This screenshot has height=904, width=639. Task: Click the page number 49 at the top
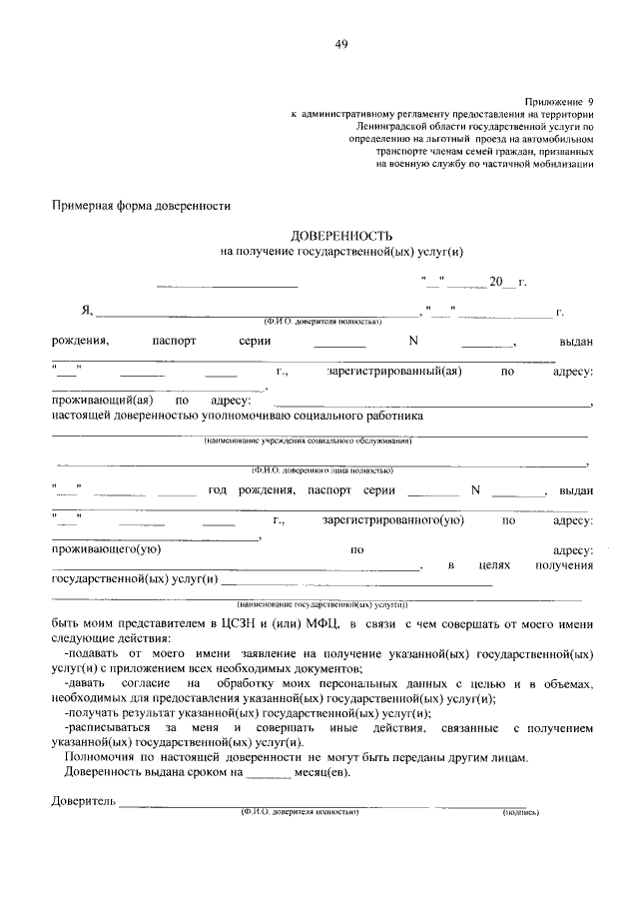tap(341, 44)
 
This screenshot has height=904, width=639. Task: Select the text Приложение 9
tap(559, 103)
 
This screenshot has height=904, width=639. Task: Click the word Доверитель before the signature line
tap(84, 801)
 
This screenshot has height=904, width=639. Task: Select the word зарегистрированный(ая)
tap(393, 372)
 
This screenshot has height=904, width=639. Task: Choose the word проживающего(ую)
tap(107, 549)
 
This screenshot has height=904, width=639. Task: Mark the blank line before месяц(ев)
tap(268, 773)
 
